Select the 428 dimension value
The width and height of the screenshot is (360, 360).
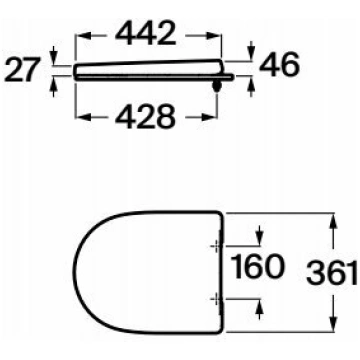[x=145, y=117]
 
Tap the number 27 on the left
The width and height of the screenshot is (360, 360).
[x=22, y=70]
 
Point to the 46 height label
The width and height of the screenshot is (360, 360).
[x=279, y=65]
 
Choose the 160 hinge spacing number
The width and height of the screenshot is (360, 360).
[x=258, y=266]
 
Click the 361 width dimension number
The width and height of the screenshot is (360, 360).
[x=331, y=273]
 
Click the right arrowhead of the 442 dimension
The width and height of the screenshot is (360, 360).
[x=214, y=35]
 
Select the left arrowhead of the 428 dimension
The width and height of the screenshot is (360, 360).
[x=83, y=117]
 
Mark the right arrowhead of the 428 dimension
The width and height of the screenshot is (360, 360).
[x=210, y=117]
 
